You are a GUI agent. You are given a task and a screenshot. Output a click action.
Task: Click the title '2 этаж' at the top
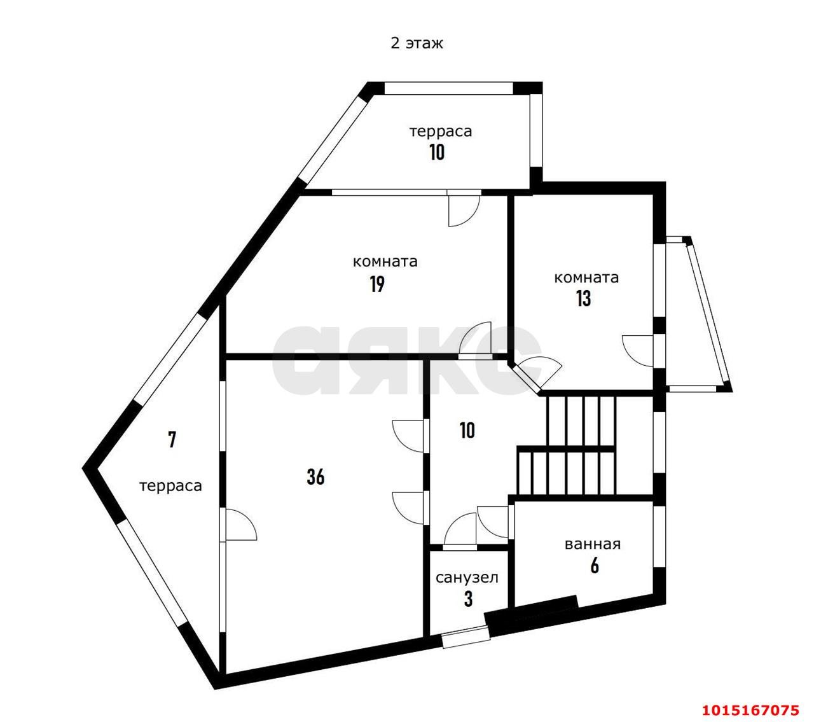(x=417, y=43)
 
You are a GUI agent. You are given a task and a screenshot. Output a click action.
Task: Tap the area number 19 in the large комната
(x=377, y=284)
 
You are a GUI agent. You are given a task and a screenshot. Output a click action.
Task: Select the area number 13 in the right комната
(x=583, y=298)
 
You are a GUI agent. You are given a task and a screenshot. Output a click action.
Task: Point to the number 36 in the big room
(x=315, y=477)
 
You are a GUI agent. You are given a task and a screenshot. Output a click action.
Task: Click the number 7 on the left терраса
(x=172, y=440)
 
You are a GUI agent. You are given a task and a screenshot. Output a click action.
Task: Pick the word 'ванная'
(x=593, y=545)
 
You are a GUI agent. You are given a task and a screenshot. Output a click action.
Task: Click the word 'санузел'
(x=467, y=578)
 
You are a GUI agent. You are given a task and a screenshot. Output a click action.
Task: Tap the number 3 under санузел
(x=468, y=599)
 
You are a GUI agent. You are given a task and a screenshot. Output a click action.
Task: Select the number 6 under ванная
(x=595, y=566)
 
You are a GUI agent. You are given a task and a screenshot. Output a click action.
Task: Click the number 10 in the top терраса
(x=437, y=152)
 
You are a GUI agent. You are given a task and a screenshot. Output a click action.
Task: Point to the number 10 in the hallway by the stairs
(x=467, y=430)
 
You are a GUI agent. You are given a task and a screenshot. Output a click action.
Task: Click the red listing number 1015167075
(x=750, y=711)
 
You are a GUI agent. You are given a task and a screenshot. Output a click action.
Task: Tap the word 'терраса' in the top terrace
(x=440, y=132)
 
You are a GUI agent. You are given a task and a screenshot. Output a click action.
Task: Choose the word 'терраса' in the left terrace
(x=170, y=486)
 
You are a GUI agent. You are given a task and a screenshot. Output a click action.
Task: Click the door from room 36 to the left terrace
(x=238, y=525)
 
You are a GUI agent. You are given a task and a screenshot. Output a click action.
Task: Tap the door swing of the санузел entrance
(x=460, y=531)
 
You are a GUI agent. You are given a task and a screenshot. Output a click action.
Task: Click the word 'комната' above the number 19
(x=385, y=261)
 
